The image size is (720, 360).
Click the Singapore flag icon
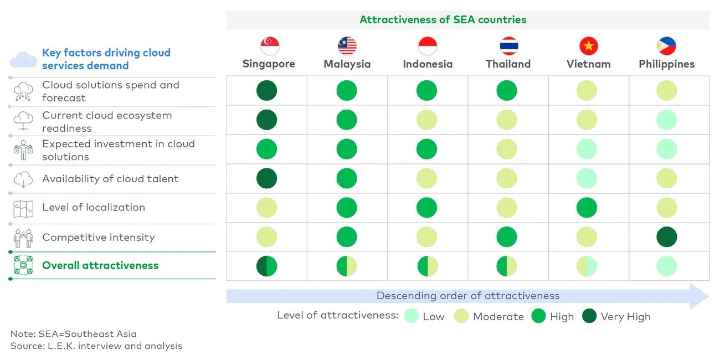coord(270,46)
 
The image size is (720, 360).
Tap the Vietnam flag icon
coord(589,46)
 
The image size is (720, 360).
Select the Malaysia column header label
coord(347,64)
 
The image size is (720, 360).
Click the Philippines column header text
coord(666,64)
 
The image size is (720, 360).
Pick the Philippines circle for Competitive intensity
coord(667,237)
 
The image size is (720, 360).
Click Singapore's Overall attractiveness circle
coord(266,266)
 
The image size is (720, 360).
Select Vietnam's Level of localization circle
coord(587,208)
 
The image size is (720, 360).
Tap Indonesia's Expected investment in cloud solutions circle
coord(426,149)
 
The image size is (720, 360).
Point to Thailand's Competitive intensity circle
coord(507,237)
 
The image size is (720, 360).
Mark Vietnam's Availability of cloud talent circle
coord(587,178)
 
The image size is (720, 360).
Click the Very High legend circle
coord(589,316)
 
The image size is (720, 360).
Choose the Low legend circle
coord(411,316)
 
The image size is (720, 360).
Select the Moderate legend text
coord(498,317)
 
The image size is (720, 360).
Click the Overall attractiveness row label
coord(100,265)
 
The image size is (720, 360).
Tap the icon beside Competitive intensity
coord(23,238)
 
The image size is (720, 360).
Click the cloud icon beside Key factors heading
coord(23,59)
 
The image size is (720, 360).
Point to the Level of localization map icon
coord(23,208)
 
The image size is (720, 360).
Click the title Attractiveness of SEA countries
coord(443,20)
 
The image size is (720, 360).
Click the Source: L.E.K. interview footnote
coord(96,346)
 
